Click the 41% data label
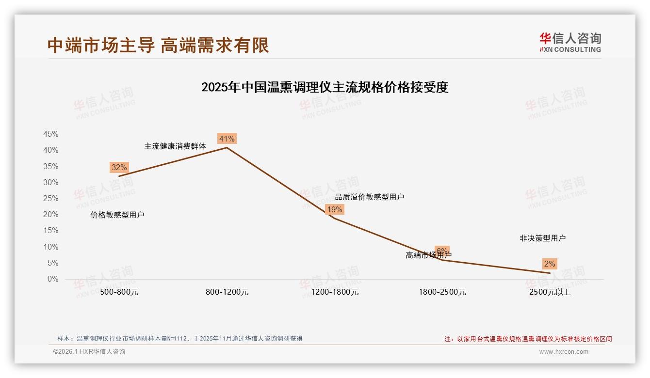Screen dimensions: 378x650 pos(227,139)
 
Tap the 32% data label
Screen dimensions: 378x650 pos(119,168)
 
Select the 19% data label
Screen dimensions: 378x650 pos(335,209)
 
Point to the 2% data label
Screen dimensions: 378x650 pos(550,264)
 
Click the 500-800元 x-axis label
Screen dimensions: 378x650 pos(119,292)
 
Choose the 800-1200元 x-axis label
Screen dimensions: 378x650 pos(227,292)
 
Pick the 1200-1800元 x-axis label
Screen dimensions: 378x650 pos(335,292)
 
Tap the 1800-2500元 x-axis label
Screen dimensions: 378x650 pos(442,292)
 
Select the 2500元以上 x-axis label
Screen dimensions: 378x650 pos(550,292)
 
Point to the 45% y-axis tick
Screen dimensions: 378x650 pos(51,134)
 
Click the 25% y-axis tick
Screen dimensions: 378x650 pos(51,199)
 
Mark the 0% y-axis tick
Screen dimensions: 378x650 pos(53,279)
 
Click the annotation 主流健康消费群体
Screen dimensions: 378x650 pos(175,146)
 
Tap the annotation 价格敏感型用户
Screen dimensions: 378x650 pos(117,215)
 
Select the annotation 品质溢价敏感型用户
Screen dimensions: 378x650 pos(370,197)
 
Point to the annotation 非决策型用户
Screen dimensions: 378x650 pos(542,238)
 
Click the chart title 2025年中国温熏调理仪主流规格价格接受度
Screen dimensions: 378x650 pos(325,87)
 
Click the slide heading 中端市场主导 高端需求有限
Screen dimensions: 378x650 pos(158,46)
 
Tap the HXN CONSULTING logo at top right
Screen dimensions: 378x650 pos(570,42)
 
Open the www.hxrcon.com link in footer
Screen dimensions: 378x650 pos(564,352)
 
